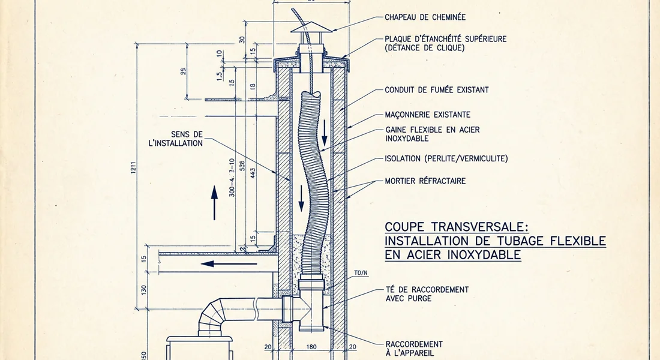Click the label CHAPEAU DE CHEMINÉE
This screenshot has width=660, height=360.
click(x=425, y=17)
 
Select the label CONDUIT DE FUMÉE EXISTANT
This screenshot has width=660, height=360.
click(x=436, y=90)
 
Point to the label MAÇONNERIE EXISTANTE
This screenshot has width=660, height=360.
click(x=427, y=115)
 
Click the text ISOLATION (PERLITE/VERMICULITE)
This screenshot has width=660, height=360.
click(x=446, y=159)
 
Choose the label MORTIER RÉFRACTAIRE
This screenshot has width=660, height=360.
click(x=425, y=181)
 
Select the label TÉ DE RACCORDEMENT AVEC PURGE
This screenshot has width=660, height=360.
click(x=427, y=293)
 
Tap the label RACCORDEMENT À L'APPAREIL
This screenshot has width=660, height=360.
click(x=414, y=348)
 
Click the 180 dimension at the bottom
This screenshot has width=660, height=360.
click(x=311, y=347)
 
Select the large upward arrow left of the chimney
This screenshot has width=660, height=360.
click(x=214, y=203)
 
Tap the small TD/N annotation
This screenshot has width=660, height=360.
click(x=360, y=273)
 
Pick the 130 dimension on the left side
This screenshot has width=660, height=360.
click(x=143, y=289)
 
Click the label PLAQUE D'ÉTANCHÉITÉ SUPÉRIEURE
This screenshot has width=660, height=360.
click(x=445, y=43)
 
